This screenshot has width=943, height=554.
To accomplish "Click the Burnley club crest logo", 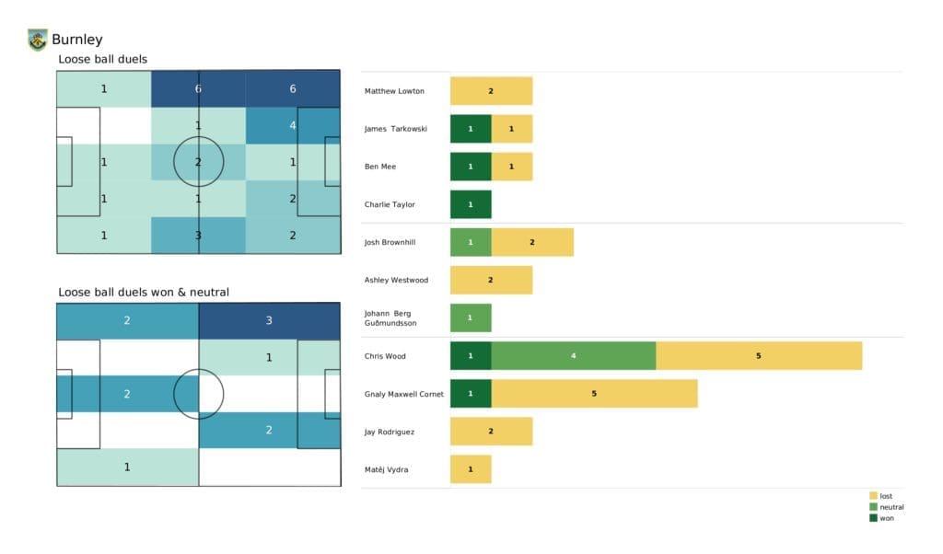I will click(x=37, y=40).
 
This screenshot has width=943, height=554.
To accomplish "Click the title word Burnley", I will click(x=77, y=40).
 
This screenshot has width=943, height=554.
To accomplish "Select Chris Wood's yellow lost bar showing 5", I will click(x=759, y=355).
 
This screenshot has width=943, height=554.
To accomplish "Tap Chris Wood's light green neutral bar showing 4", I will click(x=573, y=355).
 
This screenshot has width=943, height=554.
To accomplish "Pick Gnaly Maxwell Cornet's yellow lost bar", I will click(x=594, y=393).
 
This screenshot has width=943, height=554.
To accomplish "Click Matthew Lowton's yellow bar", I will click(x=491, y=91).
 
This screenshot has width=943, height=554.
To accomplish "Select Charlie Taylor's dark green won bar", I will click(x=471, y=204).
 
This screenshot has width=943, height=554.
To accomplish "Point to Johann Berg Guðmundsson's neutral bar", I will click(x=471, y=317).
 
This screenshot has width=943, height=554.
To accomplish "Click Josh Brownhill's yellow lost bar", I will click(x=532, y=242).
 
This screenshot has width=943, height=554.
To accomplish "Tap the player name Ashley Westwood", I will click(x=396, y=280).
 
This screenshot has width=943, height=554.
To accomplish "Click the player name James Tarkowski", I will click(x=396, y=129).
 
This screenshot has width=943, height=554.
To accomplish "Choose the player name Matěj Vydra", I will click(x=386, y=469).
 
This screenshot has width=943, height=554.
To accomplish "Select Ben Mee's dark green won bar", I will click(x=471, y=167).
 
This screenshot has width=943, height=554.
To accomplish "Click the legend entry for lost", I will click(x=886, y=496).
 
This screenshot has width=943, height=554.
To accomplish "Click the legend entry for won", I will click(x=886, y=517).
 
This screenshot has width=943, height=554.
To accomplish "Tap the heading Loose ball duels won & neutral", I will click(x=144, y=292).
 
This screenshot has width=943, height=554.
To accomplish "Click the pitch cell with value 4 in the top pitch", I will click(x=293, y=126).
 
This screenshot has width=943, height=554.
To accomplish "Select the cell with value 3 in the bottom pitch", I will click(x=269, y=321).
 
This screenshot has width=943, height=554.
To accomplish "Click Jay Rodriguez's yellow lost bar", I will click(x=491, y=431).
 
